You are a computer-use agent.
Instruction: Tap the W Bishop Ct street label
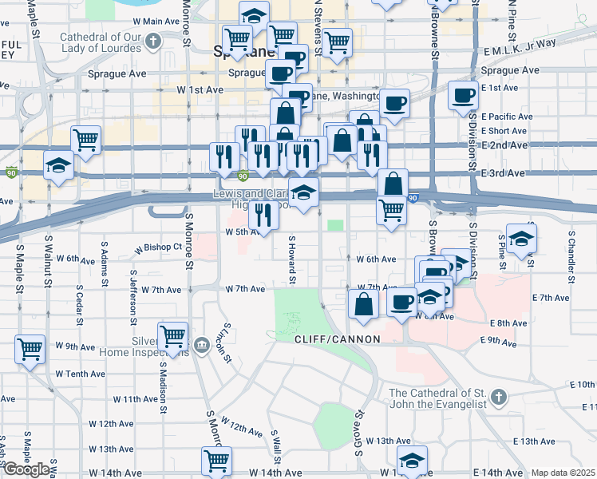[158, 247]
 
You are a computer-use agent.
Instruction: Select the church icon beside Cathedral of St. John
[498, 397]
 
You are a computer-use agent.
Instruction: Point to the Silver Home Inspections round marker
[200, 344]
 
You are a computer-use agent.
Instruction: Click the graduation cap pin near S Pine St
[521, 238]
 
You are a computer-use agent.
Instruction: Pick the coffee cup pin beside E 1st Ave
[463, 96]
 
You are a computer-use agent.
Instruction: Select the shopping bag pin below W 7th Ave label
[364, 303]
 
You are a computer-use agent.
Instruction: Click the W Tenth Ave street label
[80, 374]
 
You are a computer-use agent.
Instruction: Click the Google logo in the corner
[26, 470]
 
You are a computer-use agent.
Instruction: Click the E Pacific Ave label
[512, 117]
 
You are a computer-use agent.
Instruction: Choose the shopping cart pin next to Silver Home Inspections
[172, 335]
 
